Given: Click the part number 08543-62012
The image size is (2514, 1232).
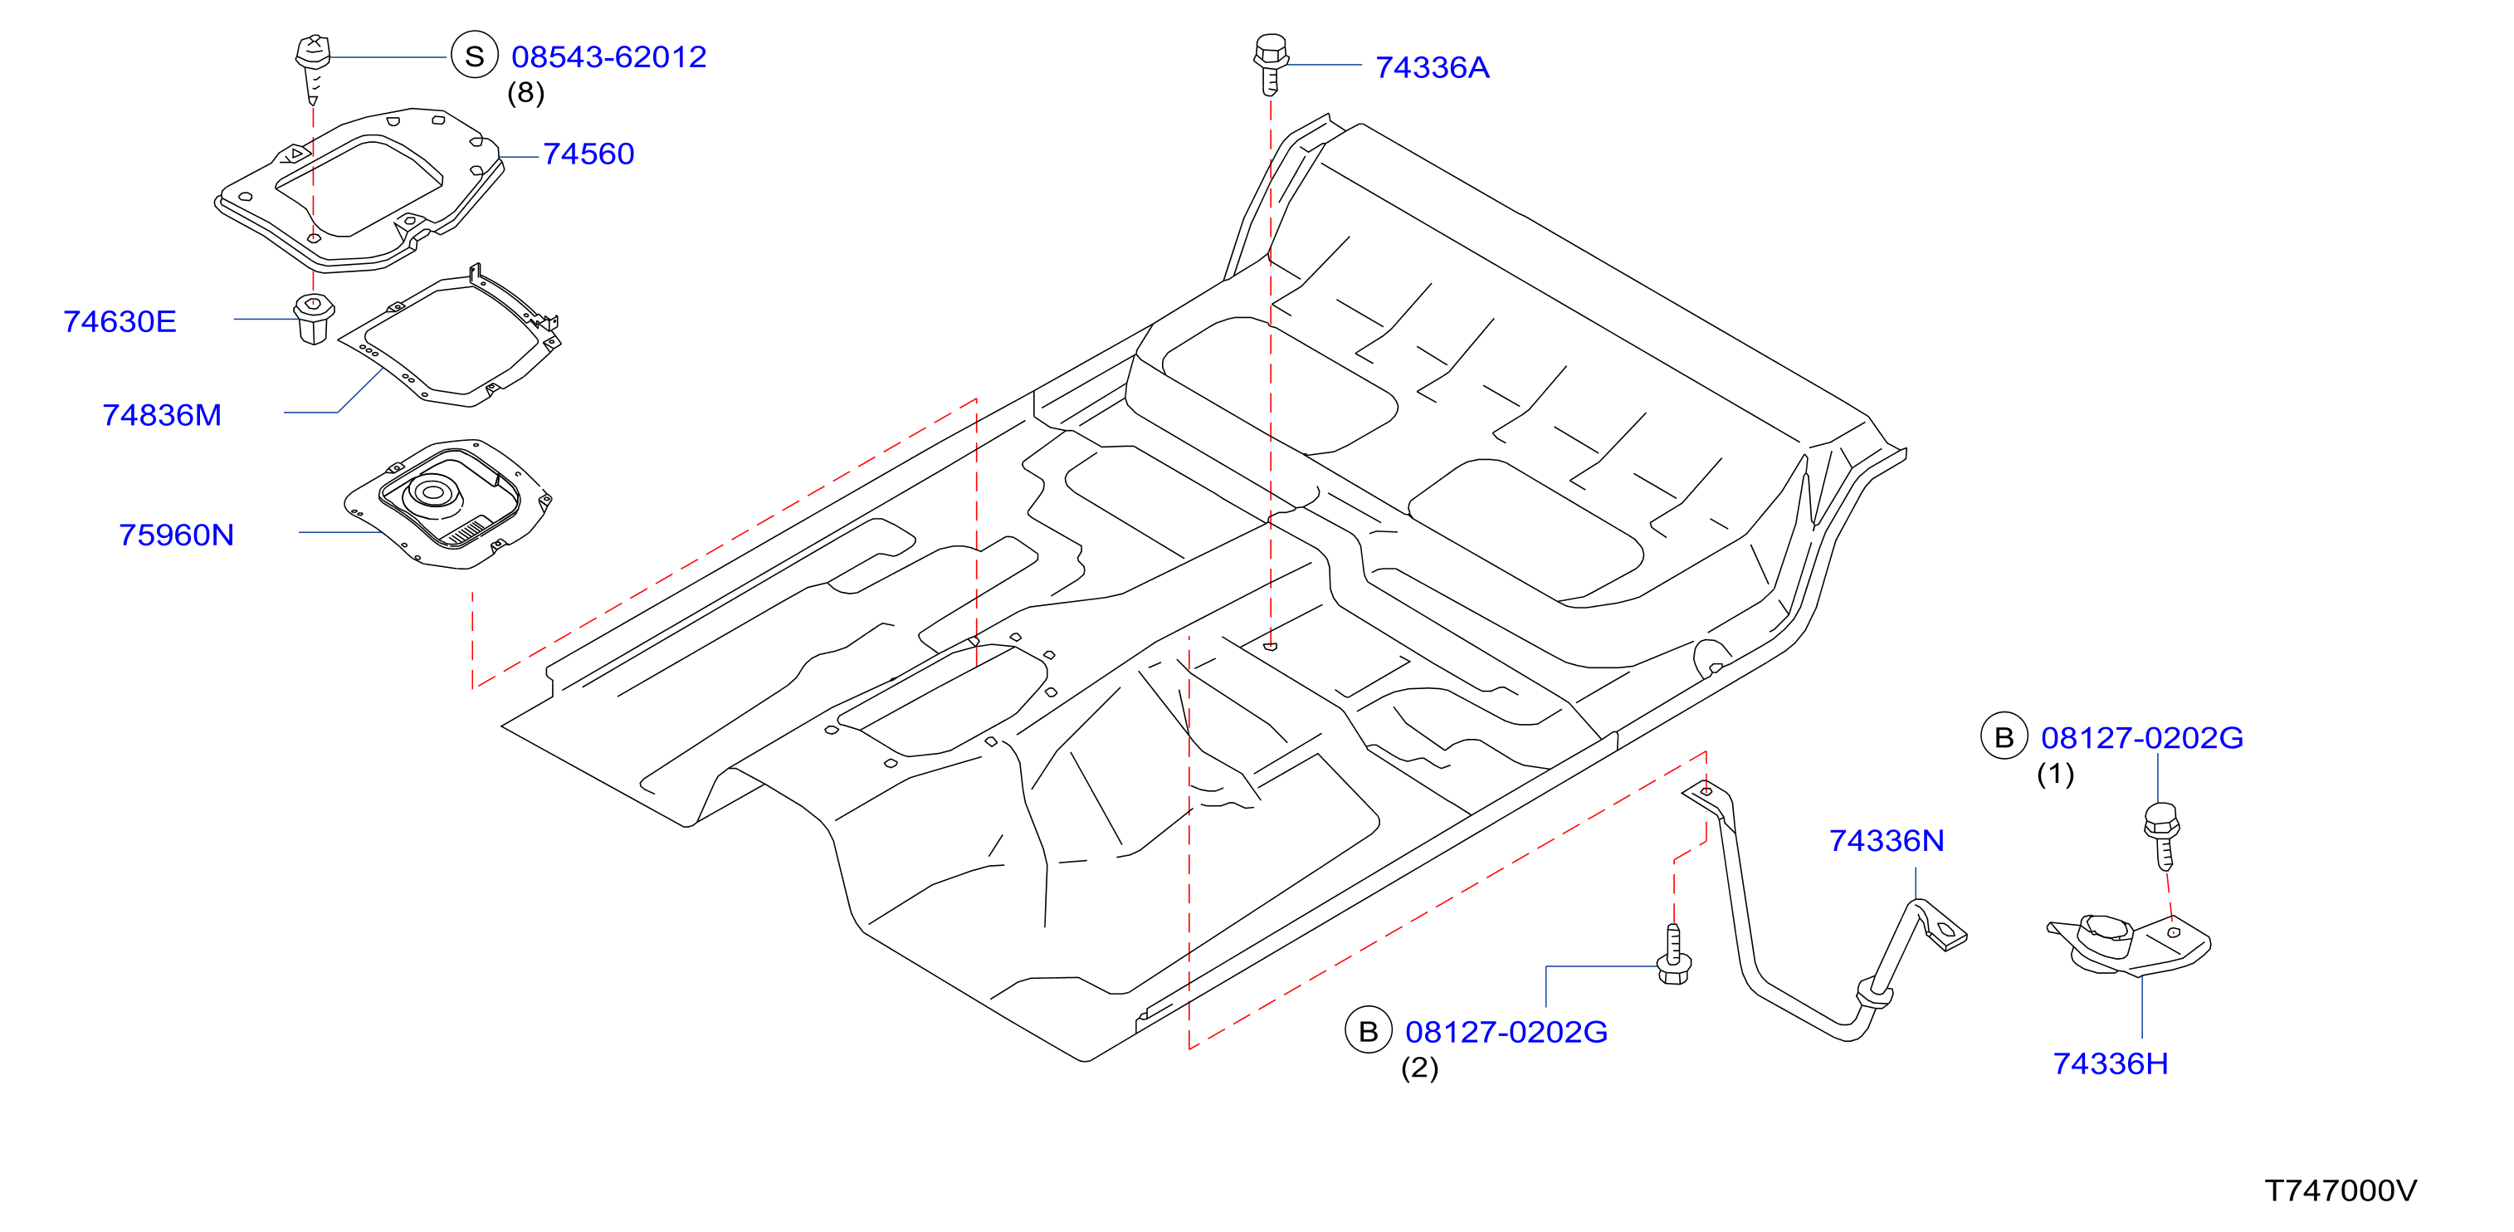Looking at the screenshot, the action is coord(609,56).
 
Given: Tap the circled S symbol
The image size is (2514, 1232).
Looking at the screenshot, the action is coord(474,56).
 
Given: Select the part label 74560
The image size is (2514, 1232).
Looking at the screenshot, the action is coord(588,154).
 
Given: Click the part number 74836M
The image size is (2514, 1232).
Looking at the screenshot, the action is coord(162,415).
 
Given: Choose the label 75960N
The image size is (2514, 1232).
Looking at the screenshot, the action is coord(177,535).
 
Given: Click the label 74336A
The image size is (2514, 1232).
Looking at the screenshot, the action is coord(1433,67).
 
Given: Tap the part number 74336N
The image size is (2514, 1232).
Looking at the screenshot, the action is coord(1887,840).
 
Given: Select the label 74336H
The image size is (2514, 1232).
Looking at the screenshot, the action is coord(2111,1063).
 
